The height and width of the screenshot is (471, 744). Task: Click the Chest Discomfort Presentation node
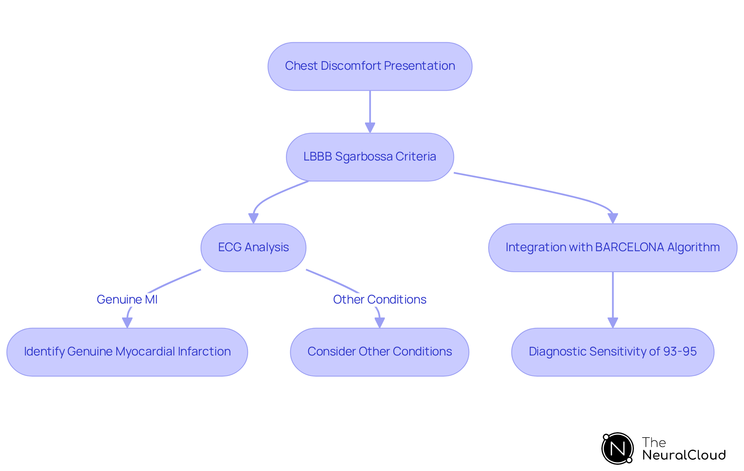[x=370, y=66]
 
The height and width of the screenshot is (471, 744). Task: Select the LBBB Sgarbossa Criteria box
[x=370, y=157]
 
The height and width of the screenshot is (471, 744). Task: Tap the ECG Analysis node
[x=253, y=247]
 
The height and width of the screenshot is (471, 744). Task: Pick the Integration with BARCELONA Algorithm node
[x=612, y=247]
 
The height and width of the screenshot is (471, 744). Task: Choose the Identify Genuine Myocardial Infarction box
[x=127, y=352]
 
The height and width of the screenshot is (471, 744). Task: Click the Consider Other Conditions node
[x=379, y=352]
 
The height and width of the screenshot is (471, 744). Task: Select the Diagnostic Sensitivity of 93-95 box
[x=612, y=352]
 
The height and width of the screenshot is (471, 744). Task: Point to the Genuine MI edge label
[x=127, y=299]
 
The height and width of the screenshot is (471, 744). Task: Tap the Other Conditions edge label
[x=379, y=299]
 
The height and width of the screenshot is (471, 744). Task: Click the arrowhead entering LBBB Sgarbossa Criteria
[x=370, y=128]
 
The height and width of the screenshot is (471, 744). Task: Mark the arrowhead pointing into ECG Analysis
[x=253, y=218]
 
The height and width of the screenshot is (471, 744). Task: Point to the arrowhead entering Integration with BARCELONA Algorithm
[x=613, y=218]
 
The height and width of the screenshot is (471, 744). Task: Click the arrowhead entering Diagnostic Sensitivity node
[x=613, y=323]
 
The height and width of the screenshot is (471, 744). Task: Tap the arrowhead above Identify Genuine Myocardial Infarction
[x=127, y=323]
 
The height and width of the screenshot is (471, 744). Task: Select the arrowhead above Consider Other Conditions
[x=380, y=323]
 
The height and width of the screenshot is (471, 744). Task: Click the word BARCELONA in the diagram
[x=629, y=247]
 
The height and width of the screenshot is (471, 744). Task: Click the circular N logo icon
[x=617, y=449]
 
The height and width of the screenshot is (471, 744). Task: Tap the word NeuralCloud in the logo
[x=684, y=455]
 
